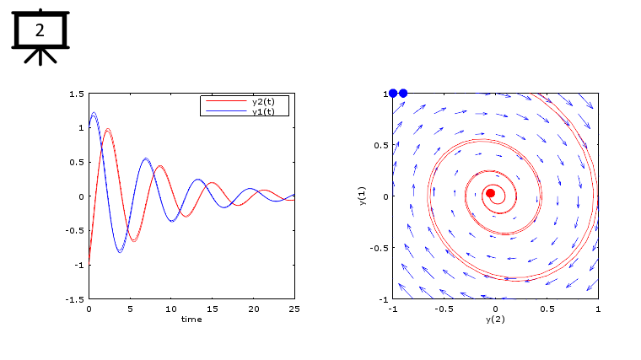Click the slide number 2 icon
point(39,32)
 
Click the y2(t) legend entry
point(269,101)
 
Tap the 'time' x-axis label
point(191,319)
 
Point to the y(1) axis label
point(362,196)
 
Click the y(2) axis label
point(495,320)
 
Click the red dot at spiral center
point(490,193)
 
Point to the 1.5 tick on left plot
point(77,94)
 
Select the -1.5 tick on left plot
point(75,299)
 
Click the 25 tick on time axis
point(294,309)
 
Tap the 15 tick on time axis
point(212,309)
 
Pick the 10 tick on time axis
point(171,309)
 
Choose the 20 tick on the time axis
point(253,309)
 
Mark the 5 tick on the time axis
point(130,309)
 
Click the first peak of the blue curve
point(94,113)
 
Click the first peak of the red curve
point(107,129)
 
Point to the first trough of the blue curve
point(119,251)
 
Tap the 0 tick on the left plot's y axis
point(81,196)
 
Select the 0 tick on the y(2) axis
point(495,309)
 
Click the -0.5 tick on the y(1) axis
point(378,248)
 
